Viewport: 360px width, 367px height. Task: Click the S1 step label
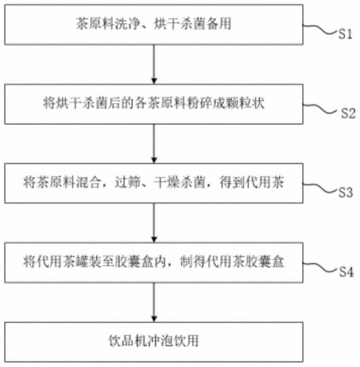pos(345,34)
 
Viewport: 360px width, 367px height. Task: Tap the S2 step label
pos(348,113)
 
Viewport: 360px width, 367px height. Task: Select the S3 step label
pos(346,192)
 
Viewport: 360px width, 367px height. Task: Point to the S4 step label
pos(346,272)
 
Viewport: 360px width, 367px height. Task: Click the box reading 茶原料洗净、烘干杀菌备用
pos(153,24)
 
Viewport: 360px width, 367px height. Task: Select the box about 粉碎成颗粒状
pos(153,104)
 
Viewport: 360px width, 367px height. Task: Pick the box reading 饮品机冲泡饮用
pos(153,342)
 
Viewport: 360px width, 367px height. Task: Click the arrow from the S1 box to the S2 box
pos(154,64)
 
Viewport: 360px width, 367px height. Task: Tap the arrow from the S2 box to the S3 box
pos(154,144)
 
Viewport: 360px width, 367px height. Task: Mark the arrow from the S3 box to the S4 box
pos(154,223)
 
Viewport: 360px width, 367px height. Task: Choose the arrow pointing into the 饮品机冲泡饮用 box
pos(154,302)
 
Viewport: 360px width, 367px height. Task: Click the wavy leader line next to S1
pos(320,30)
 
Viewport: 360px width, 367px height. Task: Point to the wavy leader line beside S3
pos(320,188)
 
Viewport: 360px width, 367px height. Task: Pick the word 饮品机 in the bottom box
pos(127,341)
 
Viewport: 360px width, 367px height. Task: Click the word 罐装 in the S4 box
pos(89,262)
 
